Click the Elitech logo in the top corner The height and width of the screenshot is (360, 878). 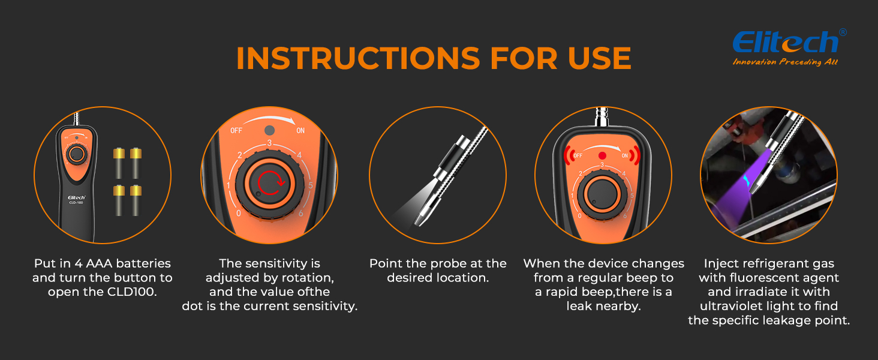click(x=786, y=42)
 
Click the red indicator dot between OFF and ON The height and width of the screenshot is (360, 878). click(x=603, y=155)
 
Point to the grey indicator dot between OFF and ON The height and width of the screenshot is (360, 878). click(x=270, y=131)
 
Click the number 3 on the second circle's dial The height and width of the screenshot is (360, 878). click(x=270, y=143)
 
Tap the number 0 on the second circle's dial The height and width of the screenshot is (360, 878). click(x=239, y=213)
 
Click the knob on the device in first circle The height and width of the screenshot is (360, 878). click(x=76, y=154)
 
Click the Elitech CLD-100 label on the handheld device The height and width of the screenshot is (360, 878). click(x=75, y=199)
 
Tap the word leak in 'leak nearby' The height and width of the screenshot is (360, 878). click(x=582, y=307)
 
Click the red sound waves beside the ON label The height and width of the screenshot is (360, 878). click(x=635, y=155)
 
